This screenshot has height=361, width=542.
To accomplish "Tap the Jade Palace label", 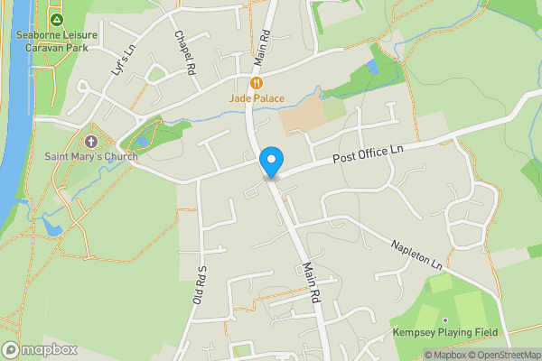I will click(257, 97).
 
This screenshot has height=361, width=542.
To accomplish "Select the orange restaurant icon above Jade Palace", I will click(257, 82).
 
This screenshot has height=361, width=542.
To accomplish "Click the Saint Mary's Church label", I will click(91, 156).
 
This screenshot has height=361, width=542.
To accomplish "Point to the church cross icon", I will click(90, 141).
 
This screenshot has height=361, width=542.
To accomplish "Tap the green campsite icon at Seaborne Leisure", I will click(57, 19).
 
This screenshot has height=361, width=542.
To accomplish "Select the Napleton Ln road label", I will click(416, 255).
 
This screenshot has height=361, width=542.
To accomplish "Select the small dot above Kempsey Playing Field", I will click(446, 320).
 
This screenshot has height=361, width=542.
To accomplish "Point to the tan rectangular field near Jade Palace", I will click(299, 120).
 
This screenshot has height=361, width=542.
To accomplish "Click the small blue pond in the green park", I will click(373, 68).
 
